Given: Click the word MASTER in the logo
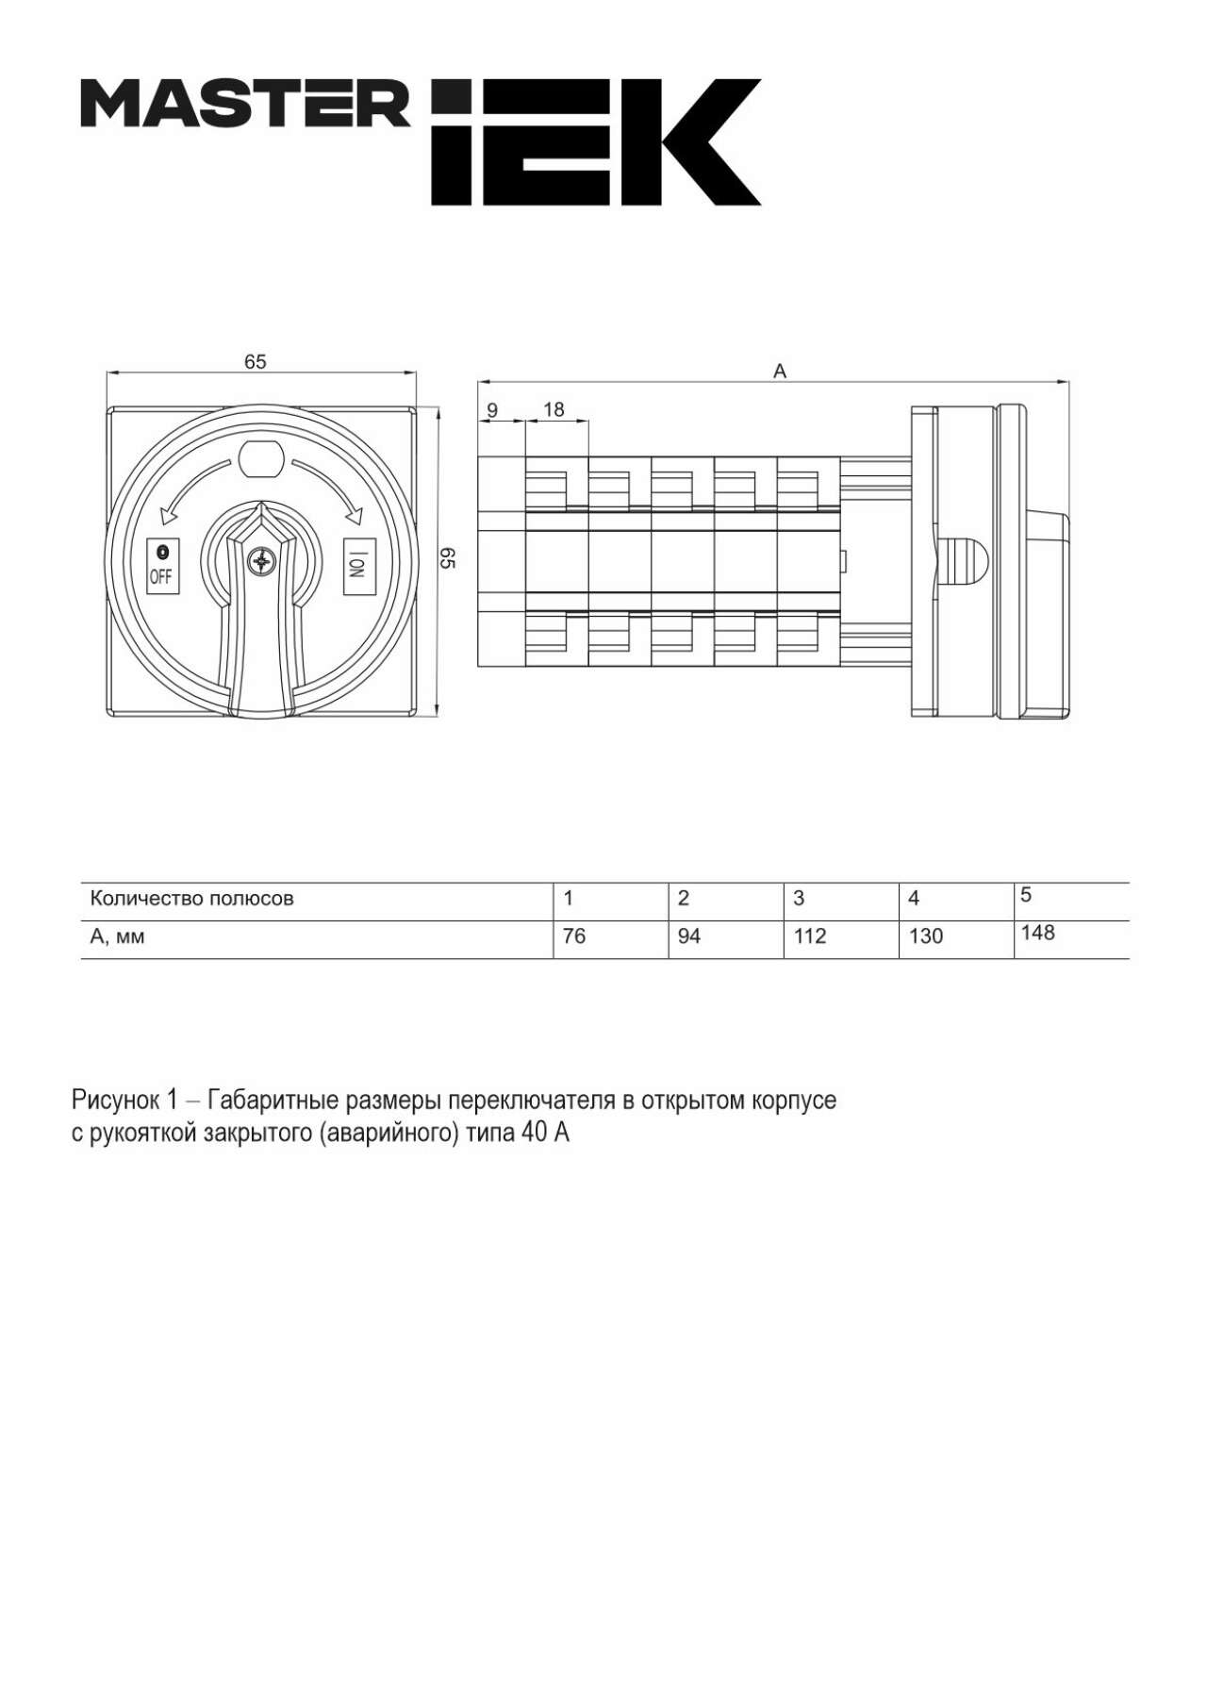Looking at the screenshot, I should tap(245, 104).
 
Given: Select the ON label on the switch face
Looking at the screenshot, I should tap(356, 566).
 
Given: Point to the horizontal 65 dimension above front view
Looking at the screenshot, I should tap(256, 361).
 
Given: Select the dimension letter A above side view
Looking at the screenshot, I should tap(780, 372).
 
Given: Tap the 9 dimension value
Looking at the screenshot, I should tap(492, 410).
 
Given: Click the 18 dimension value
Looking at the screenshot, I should tap(554, 409).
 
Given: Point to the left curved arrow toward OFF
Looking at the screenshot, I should tap(193, 487).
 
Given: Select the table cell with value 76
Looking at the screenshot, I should tap(574, 936).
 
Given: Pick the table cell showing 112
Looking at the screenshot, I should tap(810, 936).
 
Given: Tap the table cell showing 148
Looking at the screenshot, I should tap(1037, 933).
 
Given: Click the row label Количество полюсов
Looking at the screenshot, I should tap(191, 899).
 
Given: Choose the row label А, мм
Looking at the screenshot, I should tap(117, 937).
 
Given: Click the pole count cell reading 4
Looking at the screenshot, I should tap(914, 899).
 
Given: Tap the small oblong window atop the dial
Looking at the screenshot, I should tap(261, 459).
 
